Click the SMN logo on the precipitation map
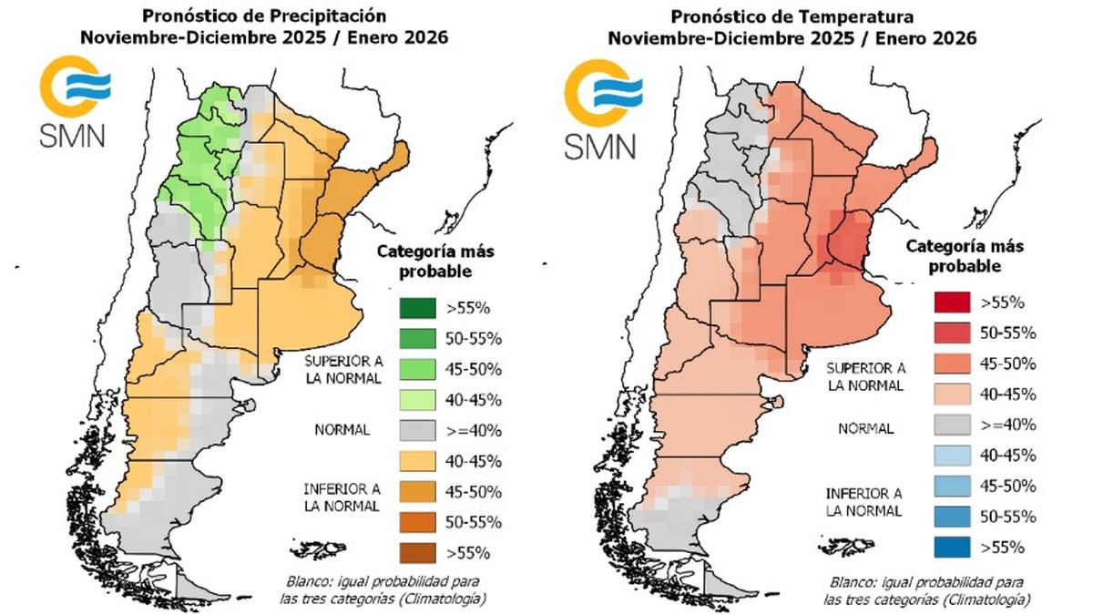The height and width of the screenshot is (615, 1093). point(74,100)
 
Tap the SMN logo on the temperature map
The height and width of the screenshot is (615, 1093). point(603,109)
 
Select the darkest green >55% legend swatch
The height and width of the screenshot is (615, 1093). point(417,308)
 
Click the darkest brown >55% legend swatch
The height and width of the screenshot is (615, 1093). point(417,553)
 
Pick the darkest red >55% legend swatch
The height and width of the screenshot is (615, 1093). point(952,302)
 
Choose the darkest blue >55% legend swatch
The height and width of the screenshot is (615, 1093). point(952,548)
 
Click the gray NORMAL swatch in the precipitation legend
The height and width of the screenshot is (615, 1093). point(417,430)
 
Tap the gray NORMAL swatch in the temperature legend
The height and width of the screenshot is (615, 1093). point(952,425)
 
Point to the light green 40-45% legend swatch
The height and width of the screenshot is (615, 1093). point(417,400)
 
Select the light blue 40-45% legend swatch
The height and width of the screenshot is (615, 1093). point(952,456)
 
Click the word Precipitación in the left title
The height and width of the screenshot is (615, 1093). point(329,16)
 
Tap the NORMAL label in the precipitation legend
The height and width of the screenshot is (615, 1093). point(342,430)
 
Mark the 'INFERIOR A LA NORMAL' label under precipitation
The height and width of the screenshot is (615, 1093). point(342,497)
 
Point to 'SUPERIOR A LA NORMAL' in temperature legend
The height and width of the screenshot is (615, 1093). point(865,377)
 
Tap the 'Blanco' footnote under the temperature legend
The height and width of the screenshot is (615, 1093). point(926,590)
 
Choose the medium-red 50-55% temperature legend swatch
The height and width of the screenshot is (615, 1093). point(952,333)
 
